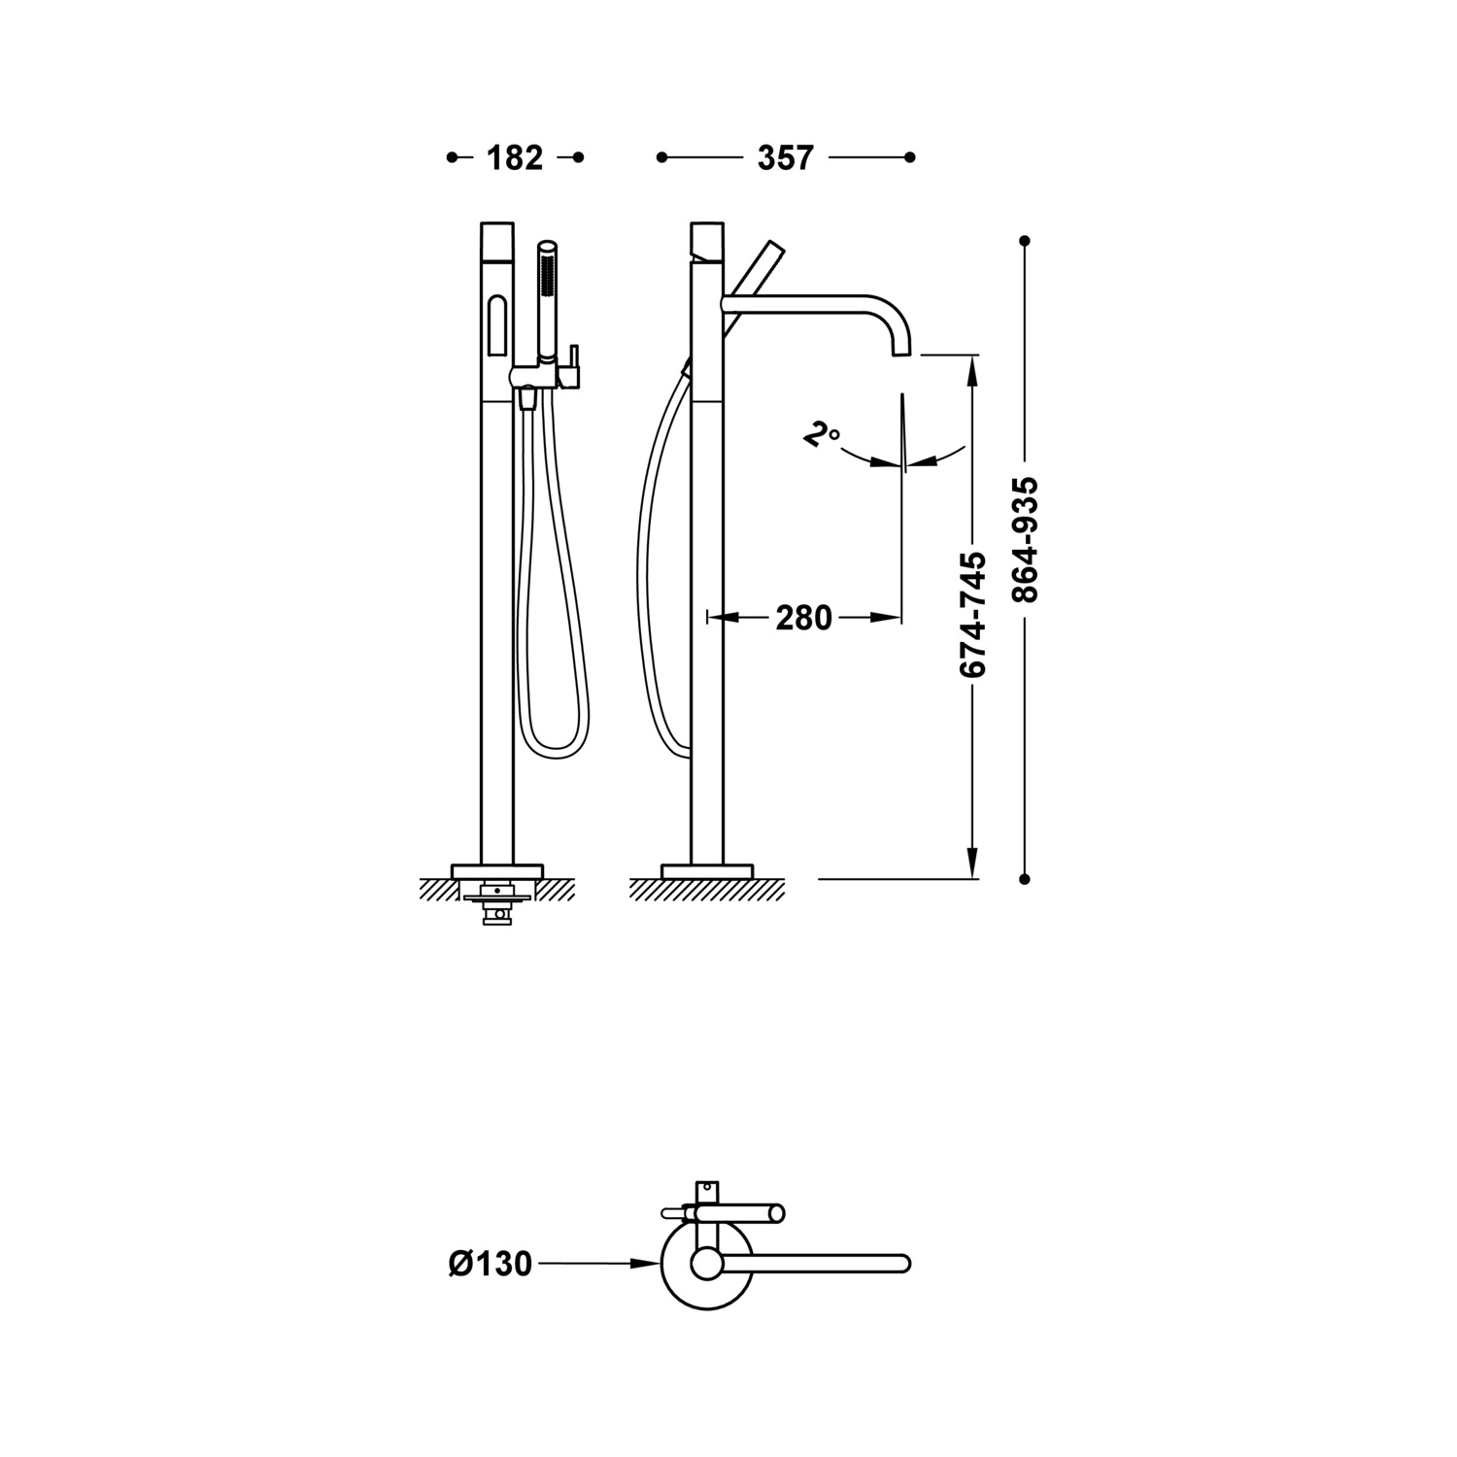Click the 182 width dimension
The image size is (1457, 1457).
[x=515, y=157]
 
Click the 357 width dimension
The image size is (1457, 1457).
[x=785, y=157]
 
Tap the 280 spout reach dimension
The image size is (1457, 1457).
[x=803, y=617]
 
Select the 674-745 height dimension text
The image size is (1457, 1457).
[x=972, y=614]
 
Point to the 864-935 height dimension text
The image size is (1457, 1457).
[x=1025, y=540]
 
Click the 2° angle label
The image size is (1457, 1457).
[x=821, y=434]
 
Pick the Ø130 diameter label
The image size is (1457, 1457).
[x=491, y=1264]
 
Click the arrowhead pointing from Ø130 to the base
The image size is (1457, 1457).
[x=645, y=1264]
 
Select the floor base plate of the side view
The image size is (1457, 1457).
[x=707, y=870]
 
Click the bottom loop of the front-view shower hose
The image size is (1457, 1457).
[x=556, y=748]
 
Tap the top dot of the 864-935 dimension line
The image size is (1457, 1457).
[x=1025, y=240]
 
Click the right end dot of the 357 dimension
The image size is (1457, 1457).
[x=909, y=157]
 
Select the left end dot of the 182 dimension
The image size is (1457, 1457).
[x=452, y=157]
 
